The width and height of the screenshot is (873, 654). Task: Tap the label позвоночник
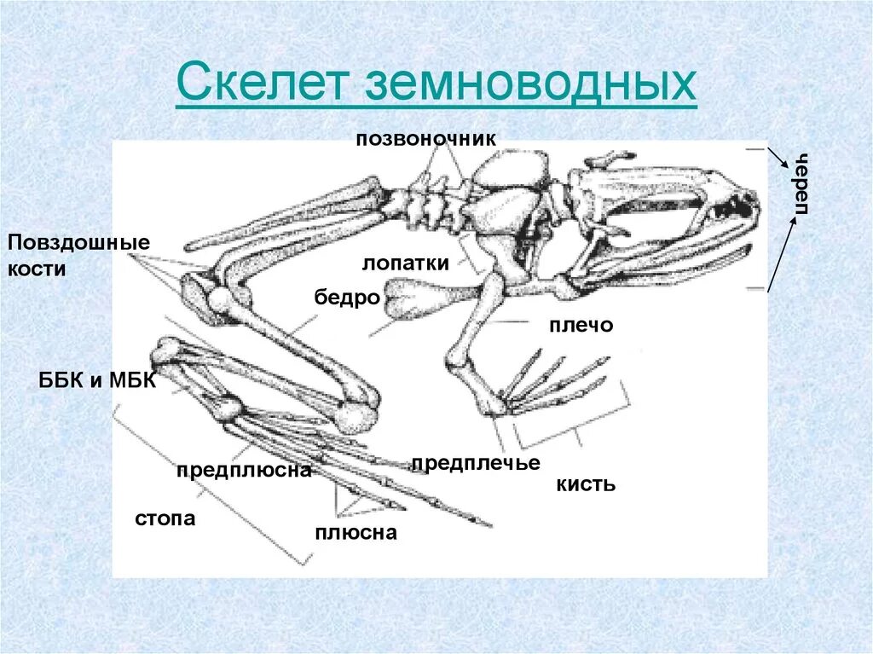pyautogui.click(x=425, y=138)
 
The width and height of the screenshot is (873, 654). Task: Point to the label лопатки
pyautogui.click(x=405, y=263)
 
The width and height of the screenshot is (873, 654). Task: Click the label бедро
pyautogui.click(x=346, y=298)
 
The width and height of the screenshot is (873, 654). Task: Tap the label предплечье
pyautogui.click(x=476, y=463)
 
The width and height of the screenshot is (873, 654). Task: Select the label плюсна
pyautogui.click(x=356, y=533)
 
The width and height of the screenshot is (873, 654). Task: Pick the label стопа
pyautogui.click(x=165, y=518)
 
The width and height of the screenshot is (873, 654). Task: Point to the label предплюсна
pyautogui.click(x=244, y=471)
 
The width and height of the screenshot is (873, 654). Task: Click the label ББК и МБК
pyautogui.click(x=95, y=380)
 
